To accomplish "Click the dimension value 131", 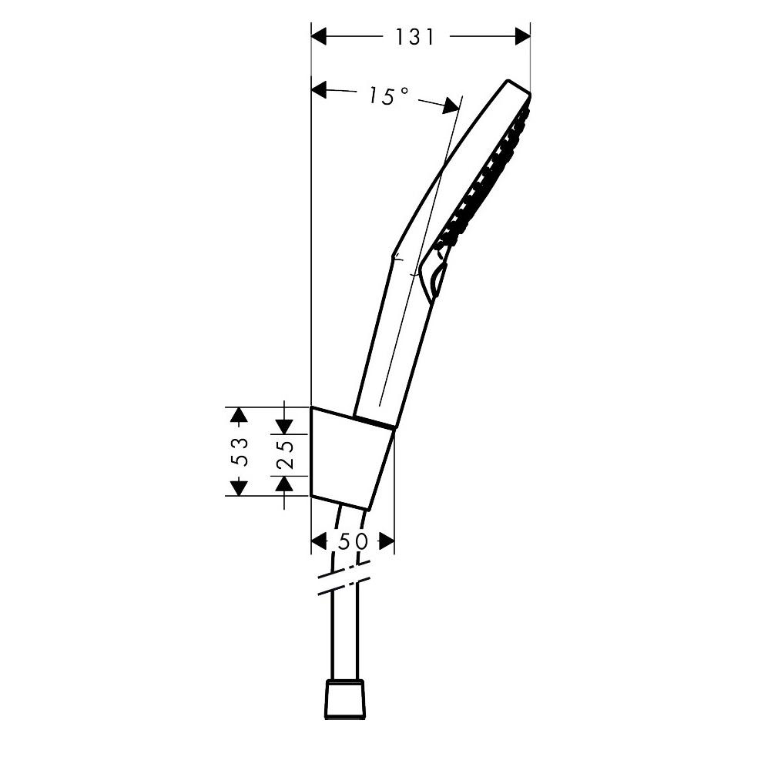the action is [x=415, y=36].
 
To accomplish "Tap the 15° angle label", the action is [x=388, y=95].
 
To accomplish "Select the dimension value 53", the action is [x=240, y=451].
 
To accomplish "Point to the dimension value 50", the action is [x=353, y=541].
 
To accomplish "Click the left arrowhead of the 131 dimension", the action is [x=319, y=36].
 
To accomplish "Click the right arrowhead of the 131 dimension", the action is [x=523, y=36].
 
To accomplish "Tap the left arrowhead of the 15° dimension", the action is [x=320, y=90].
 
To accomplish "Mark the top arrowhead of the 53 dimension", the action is [x=239, y=415].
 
